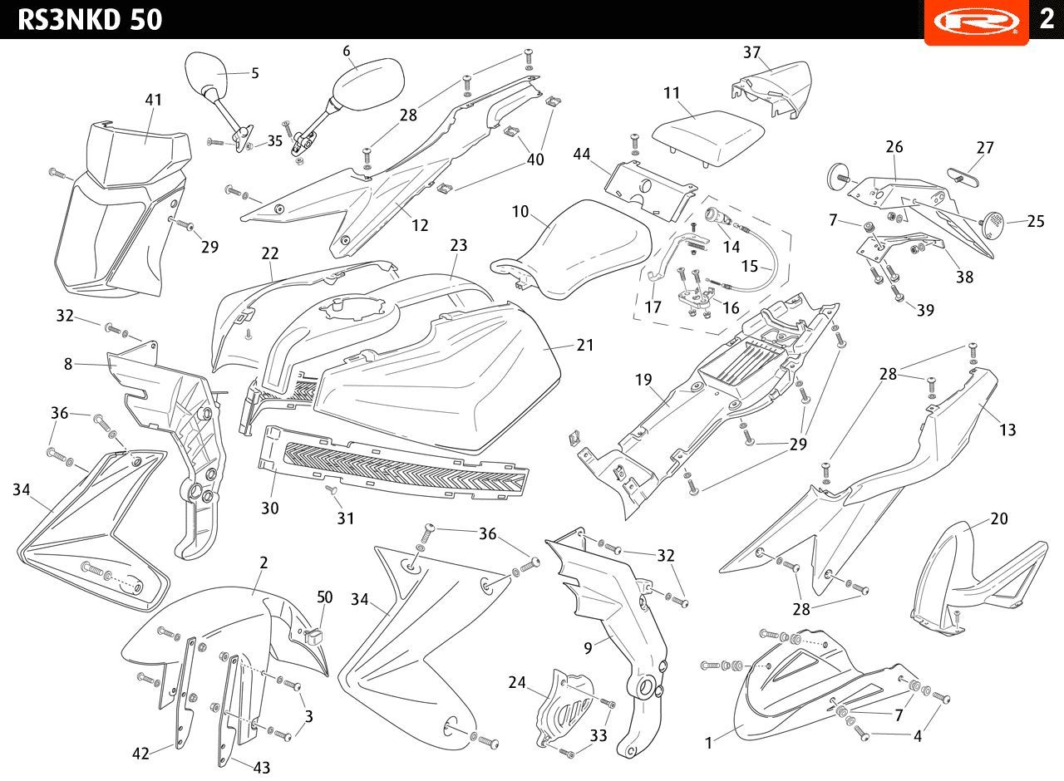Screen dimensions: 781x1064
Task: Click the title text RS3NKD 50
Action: click(x=90, y=19)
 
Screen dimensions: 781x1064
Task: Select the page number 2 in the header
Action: click(x=1047, y=18)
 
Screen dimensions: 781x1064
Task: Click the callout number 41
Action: click(x=153, y=100)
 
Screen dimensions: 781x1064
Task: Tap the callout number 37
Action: click(x=751, y=52)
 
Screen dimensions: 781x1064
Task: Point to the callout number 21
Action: click(x=585, y=344)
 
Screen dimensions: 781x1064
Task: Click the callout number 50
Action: click(x=324, y=597)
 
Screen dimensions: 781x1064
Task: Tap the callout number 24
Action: click(x=517, y=683)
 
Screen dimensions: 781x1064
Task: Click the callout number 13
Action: click(x=1007, y=430)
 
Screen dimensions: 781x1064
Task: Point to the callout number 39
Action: click(x=925, y=310)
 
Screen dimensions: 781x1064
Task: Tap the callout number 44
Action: click(x=582, y=154)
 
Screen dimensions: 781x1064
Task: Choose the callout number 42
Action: click(x=141, y=754)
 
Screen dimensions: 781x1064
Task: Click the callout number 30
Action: click(x=270, y=508)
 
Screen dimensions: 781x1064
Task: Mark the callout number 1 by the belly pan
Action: click(x=708, y=744)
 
